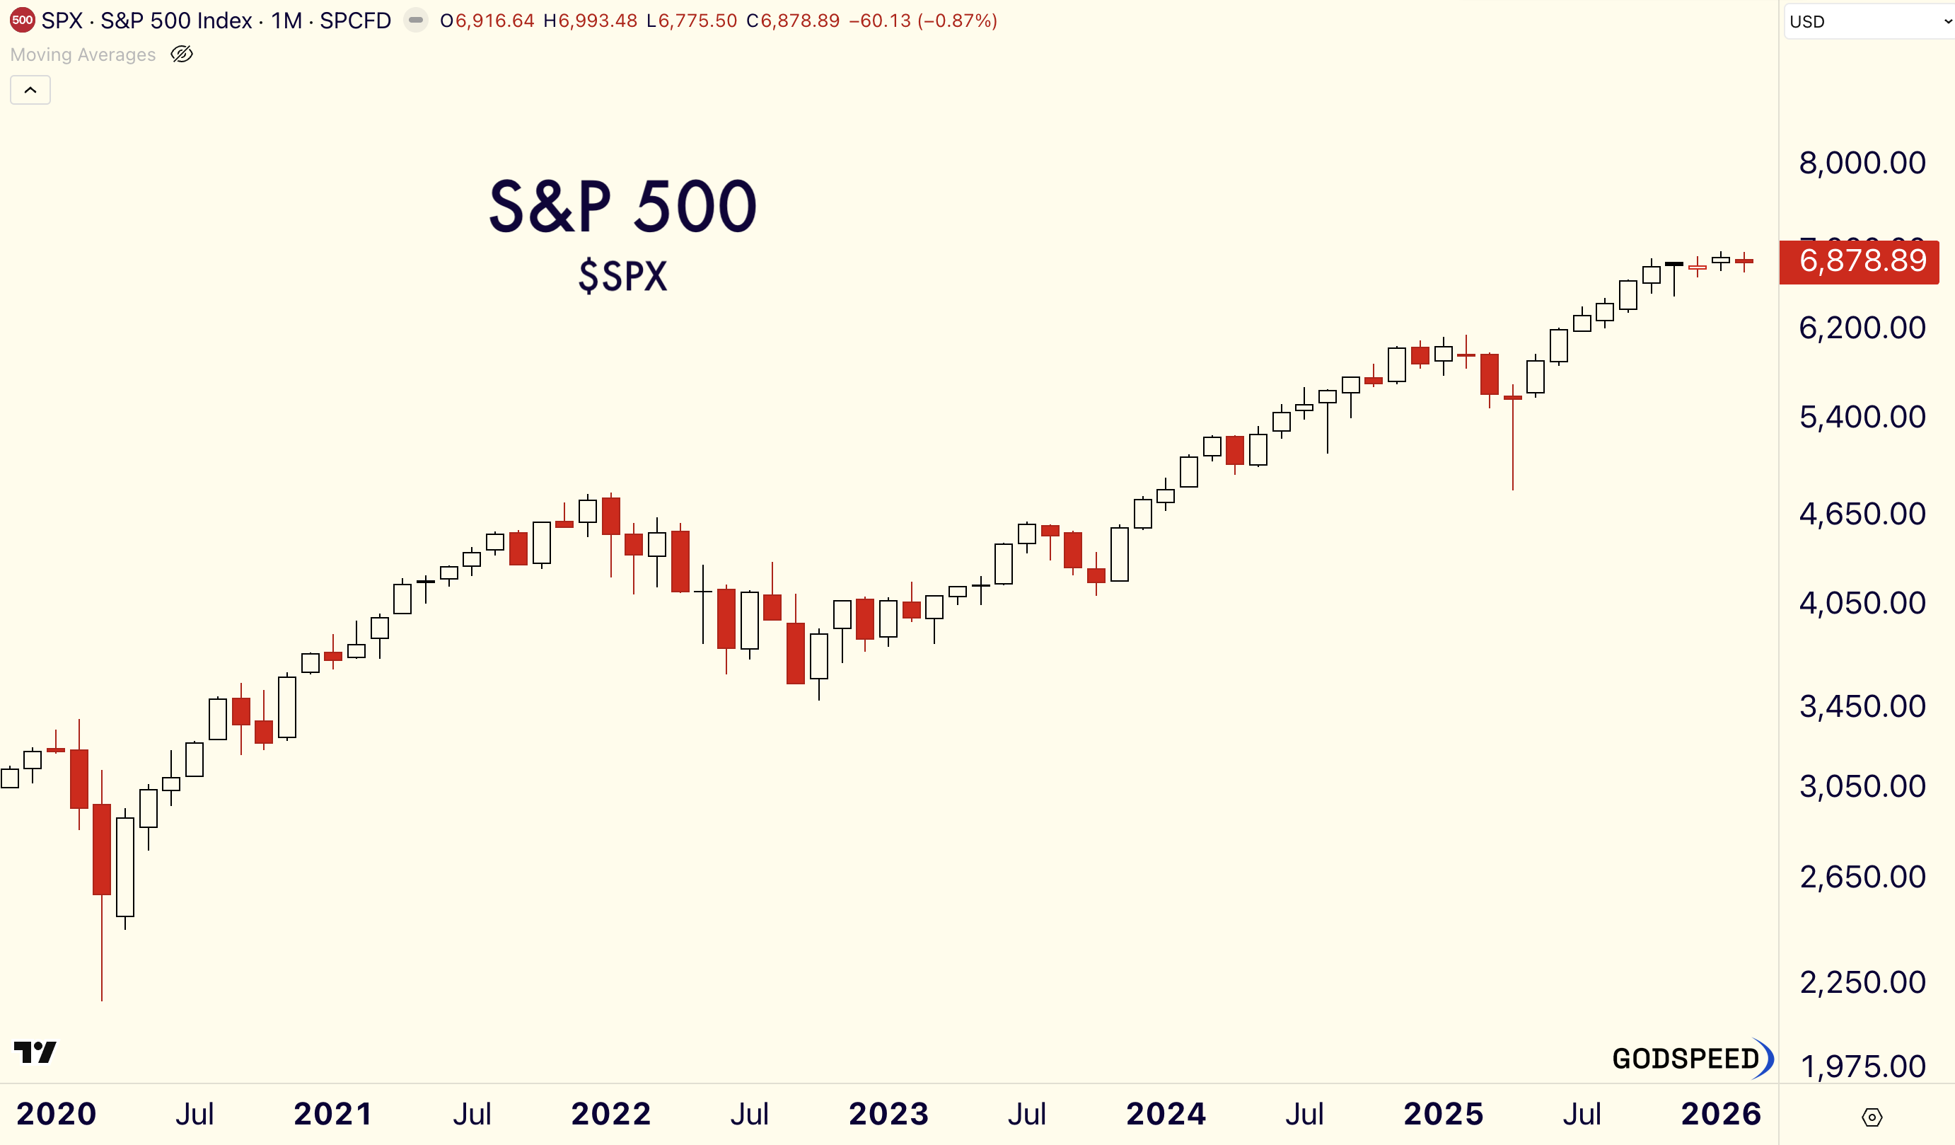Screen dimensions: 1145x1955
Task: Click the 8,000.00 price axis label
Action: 1861,163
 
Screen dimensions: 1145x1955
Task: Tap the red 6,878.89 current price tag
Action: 1861,261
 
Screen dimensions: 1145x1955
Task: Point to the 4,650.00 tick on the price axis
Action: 1861,514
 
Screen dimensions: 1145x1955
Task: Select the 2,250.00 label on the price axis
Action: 1861,982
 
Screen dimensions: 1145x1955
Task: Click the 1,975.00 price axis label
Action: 1861,1066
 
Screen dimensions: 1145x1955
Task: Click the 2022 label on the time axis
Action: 610,1114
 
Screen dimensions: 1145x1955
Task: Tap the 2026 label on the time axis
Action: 1721,1114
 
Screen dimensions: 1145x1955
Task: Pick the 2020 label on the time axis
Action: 56,1114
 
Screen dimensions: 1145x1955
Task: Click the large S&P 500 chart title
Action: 622,207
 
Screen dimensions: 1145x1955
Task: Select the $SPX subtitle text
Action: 622,277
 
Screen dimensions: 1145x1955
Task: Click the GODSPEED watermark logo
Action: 1691,1058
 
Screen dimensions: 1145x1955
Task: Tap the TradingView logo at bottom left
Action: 35,1052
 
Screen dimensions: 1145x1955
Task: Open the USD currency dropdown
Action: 1868,22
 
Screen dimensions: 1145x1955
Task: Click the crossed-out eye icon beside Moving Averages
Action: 182,54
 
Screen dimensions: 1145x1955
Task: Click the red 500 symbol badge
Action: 23,21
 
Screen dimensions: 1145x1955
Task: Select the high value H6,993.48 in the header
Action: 591,21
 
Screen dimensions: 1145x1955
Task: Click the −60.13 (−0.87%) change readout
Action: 922,21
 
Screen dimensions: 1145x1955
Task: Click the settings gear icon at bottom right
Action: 1872,1117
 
